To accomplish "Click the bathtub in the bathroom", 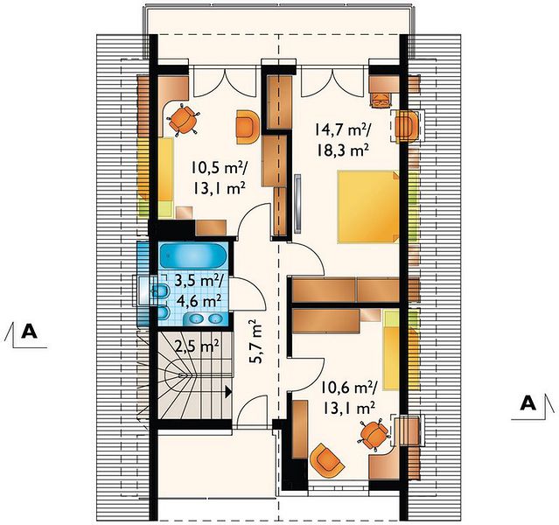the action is click(193, 255).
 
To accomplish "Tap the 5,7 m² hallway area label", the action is click(255, 341).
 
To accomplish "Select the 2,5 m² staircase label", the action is click(197, 346).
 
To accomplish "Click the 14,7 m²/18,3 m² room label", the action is click(342, 139).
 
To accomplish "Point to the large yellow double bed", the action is click(368, 206).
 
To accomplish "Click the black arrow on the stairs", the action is click(227, 392).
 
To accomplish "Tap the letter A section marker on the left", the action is click(29, 332).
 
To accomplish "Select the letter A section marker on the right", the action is click(528, 403).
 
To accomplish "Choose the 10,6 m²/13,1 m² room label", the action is click(348, 397).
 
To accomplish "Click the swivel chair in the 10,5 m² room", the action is click(184, 120).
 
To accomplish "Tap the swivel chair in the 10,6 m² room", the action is click(374, 434).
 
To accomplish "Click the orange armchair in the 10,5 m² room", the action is click(248, 127).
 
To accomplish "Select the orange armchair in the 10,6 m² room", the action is click(327, 461).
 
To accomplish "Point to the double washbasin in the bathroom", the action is click(205, 318).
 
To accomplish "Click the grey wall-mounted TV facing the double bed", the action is click(297, 204).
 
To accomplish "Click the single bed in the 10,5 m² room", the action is click(165, 178).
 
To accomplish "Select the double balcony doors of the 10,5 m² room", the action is click(226, 81).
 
